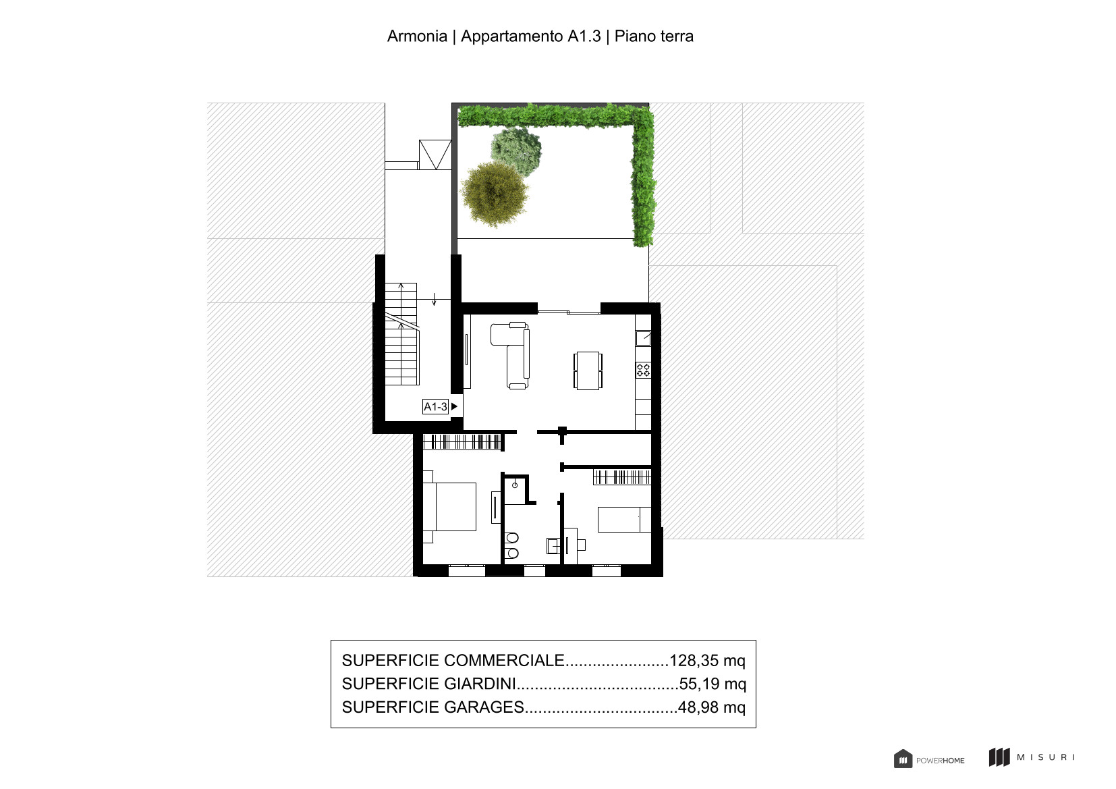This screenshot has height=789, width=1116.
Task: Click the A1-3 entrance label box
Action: coord(435,407)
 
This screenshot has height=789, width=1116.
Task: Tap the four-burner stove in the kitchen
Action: coord(643,370)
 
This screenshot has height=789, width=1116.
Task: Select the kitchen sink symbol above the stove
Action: coord(643,338)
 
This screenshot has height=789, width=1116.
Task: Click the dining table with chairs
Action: coord(588,371)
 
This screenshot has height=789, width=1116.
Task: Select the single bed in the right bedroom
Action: coord(624,519)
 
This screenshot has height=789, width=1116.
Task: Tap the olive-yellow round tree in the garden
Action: coord(495,194)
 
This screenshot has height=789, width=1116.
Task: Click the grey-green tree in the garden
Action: coord(517,150)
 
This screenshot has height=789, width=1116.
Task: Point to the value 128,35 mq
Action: coord(708,660)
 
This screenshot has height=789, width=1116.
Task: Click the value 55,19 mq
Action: coord(713,684)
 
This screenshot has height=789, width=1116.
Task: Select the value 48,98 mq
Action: coord(712,707)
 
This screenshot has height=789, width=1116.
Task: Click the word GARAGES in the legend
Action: coord(484,707)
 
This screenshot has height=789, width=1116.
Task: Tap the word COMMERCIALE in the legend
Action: coord(504,660)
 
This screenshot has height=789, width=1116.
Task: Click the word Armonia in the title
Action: coord(417,36)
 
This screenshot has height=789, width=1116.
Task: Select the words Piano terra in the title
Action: coord(654,36)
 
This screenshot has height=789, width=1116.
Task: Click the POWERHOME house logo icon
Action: coord(903,759)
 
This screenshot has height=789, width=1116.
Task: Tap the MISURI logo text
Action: coord(1045,757)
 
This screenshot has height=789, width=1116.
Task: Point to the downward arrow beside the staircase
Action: coord(434,299)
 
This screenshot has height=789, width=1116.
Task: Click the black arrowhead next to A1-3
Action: coord(454,406)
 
